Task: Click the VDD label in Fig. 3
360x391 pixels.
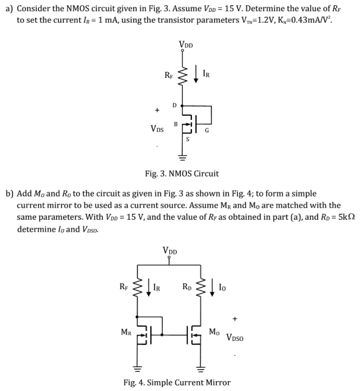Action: click(x=186, y=45)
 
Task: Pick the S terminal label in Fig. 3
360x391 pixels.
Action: click(x=187, y=139)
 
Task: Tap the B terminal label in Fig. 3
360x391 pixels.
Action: click(x=176, y=123)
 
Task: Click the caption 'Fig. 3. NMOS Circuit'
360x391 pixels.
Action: click(x=181, y=174)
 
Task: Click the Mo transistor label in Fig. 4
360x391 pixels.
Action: click(x=214, y=331)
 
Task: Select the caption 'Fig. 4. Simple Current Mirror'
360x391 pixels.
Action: click(x=177, y=382)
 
